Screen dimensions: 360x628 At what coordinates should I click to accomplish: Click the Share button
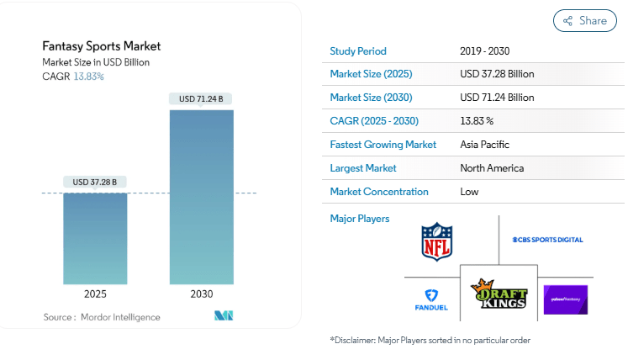584,21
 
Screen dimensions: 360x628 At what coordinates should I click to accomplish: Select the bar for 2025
95,239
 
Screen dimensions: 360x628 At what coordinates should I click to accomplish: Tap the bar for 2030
201,197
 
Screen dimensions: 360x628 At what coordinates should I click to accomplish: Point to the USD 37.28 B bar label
95,182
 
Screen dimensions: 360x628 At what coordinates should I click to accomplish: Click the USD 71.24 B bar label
201,99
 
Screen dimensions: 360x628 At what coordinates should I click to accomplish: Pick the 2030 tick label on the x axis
201,294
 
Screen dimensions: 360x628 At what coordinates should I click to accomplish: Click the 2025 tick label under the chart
95,294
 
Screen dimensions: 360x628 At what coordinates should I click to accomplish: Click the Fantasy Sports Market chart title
101,46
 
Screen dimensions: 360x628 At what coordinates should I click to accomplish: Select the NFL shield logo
436,241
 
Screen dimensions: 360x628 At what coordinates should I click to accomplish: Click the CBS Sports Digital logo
547,240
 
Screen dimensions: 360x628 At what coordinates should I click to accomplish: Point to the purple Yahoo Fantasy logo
565,299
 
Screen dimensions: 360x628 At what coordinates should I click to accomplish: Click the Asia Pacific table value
484,145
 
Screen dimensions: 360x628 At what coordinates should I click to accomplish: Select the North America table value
492,168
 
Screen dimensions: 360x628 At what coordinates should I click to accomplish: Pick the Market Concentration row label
379,192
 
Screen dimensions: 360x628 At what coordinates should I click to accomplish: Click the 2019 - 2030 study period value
485,50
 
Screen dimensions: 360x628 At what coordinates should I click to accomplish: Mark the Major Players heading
360,219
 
